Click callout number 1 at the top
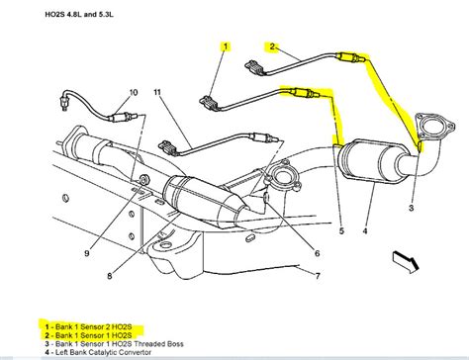click(x=225, y=46)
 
